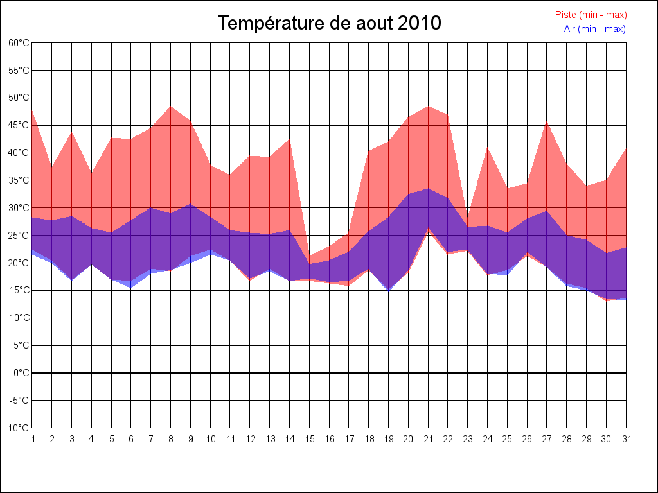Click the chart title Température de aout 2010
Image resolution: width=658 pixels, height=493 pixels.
coord(329,23)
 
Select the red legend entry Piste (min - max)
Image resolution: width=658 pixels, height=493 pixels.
coord(591,15)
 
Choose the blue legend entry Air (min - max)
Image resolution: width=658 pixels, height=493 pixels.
coord(594,29)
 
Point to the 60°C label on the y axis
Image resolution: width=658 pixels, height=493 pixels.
coord(19,43)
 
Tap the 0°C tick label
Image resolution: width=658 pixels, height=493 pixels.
coord(21,373)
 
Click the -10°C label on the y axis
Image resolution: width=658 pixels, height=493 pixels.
coord(17,428)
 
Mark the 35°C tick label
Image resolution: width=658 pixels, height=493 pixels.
coord(19,180)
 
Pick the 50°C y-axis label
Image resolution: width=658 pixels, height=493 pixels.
coord(19,98)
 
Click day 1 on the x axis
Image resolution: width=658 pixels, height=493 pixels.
coord(32,439)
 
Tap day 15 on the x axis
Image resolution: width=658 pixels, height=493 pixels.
coord(309,439)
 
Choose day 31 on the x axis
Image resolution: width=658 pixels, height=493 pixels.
coord(626,439)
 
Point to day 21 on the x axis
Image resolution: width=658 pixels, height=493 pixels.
coord(428,439)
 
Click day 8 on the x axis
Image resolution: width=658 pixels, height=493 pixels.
coord(170,439)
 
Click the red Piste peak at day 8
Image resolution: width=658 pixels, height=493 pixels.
coord(170,107)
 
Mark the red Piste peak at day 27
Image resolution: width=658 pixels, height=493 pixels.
coord(547,121)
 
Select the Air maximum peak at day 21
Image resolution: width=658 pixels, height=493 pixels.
coord(428,189)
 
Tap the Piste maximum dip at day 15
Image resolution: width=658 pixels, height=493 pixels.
coord(309,257)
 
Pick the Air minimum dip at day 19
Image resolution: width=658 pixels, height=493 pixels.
coord(388,291)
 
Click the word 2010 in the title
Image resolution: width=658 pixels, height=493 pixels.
coord(420,23)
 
